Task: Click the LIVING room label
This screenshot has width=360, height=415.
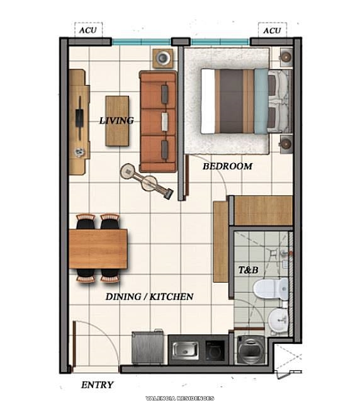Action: (x=116, y=120)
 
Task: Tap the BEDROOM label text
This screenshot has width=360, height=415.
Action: (x=227, y=166)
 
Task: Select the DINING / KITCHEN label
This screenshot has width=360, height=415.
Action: (x=149, y=296)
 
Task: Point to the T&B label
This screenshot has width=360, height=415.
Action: (x=248, y=270)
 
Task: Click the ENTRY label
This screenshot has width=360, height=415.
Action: (x=98, y=385)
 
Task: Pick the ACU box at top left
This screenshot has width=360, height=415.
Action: (x=87, y=30)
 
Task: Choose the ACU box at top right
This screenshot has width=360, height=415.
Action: (x=272, y=30)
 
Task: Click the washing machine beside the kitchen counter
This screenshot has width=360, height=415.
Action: (x=253, y=350)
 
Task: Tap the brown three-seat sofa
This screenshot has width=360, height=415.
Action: (x=158, y=121)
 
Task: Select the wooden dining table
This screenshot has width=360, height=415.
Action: (x=98, y=248)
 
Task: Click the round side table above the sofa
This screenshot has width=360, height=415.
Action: (x=162, y=59)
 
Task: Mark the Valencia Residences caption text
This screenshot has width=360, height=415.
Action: (x=179, y=398)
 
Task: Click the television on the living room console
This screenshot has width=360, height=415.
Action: (x=80, y=120)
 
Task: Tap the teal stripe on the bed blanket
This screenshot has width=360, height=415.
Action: (x=261, y=101)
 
